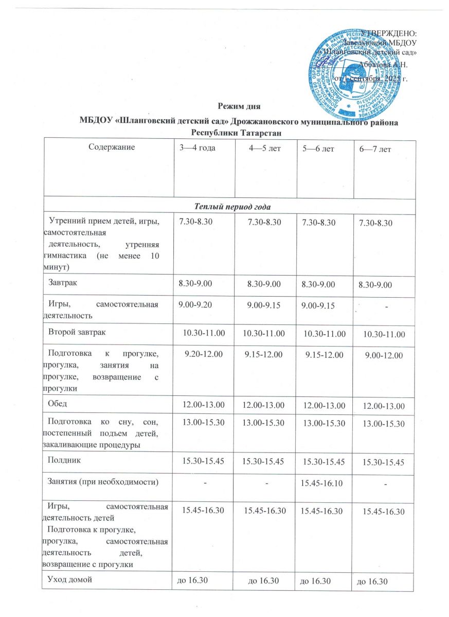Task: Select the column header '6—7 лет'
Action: pyautogui.click(x=376, y=149)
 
